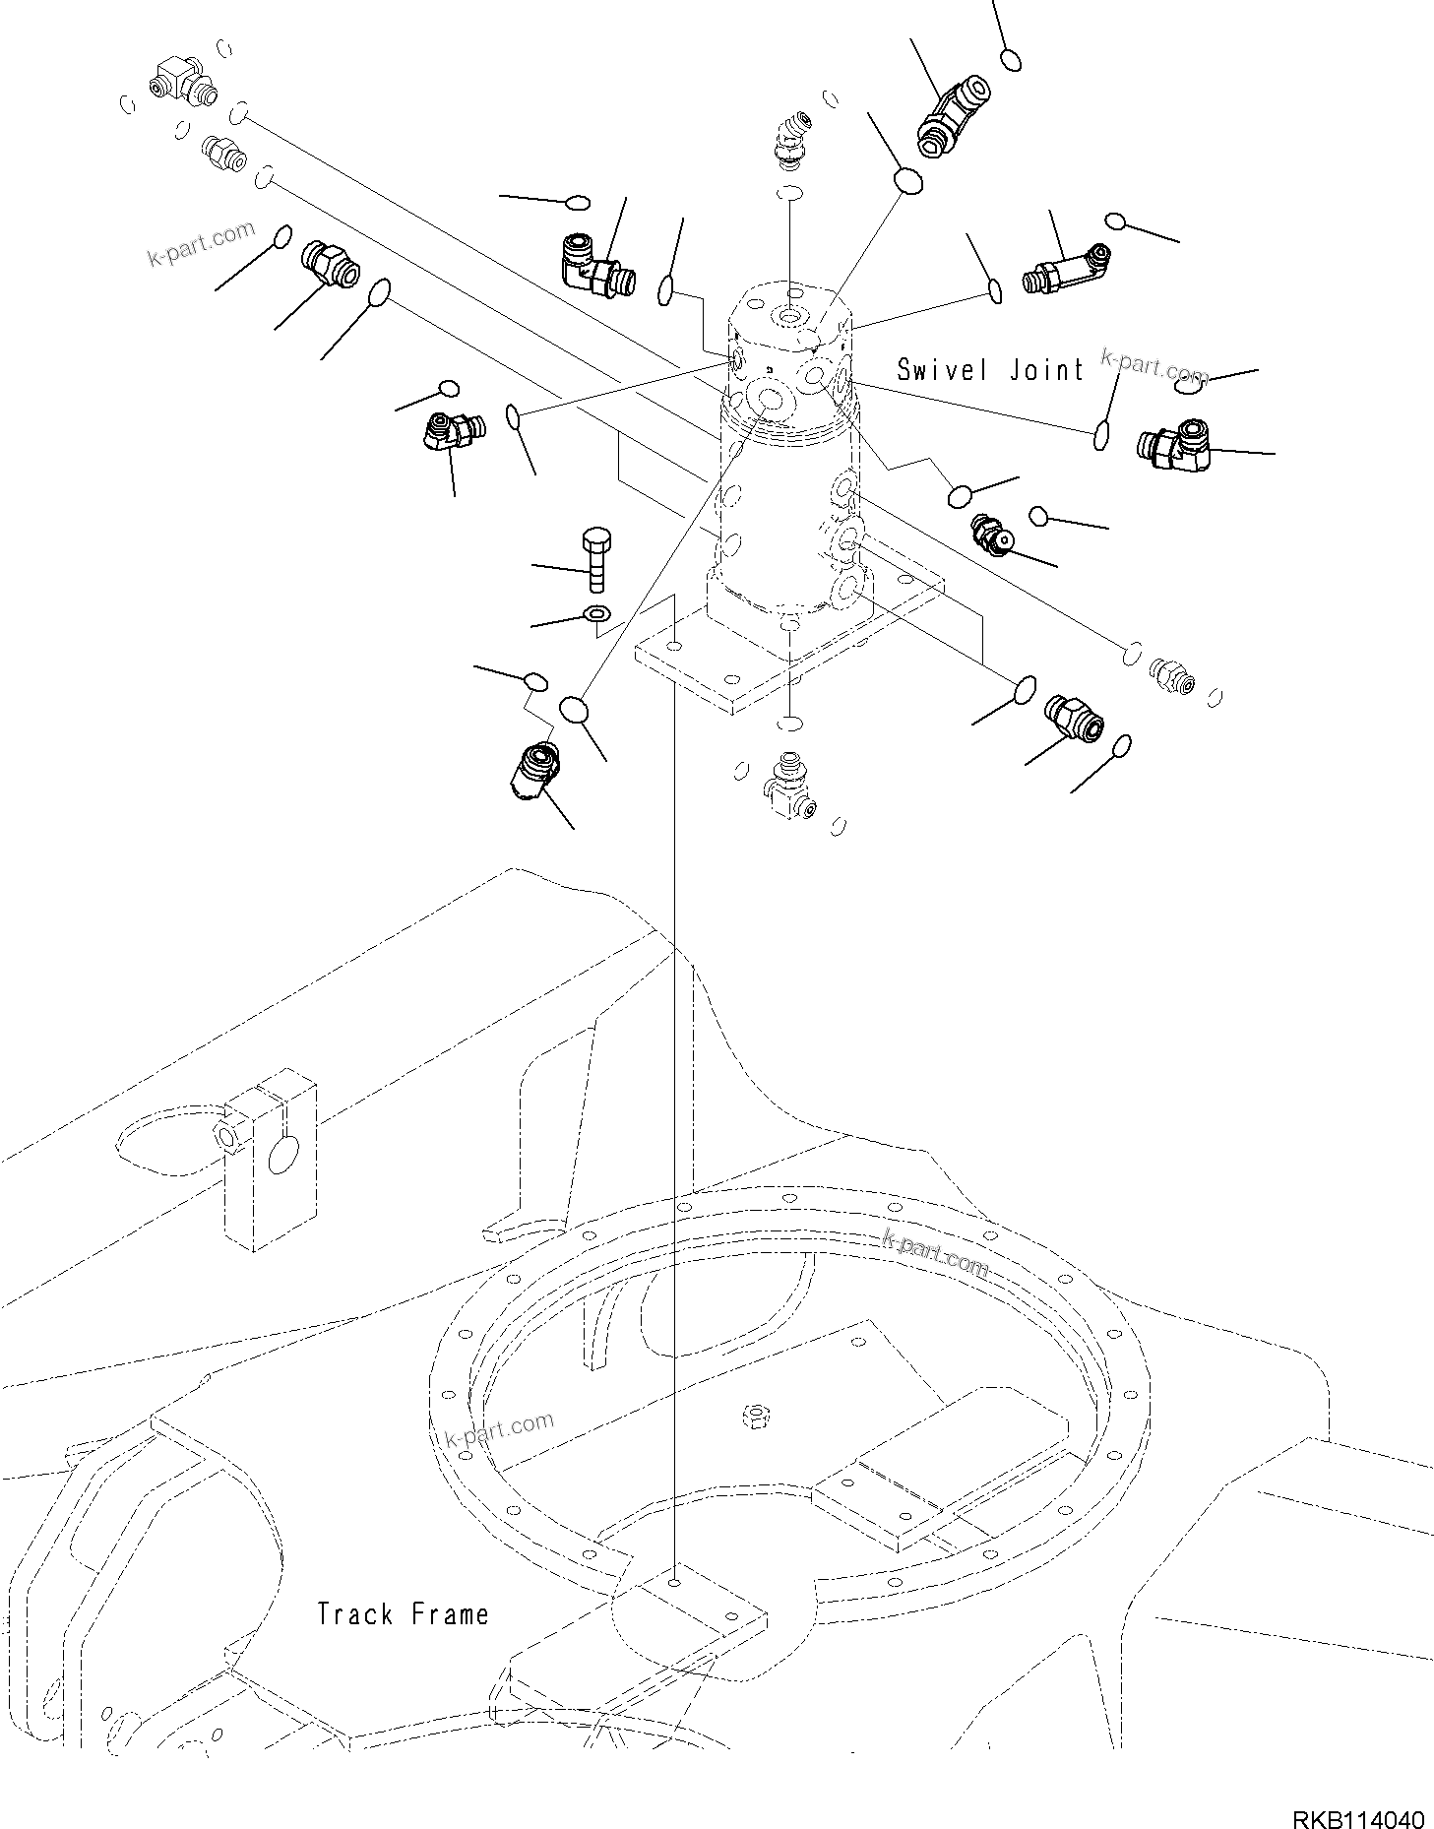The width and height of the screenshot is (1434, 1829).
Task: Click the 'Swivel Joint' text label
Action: pos(990,370)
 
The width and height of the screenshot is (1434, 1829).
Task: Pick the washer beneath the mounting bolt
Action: pos(596,614)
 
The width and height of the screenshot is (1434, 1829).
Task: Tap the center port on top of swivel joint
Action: pos(790,316)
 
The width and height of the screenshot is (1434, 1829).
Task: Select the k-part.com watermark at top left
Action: pos(201,246)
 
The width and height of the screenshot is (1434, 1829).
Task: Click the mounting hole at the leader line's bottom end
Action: pos(673,1583)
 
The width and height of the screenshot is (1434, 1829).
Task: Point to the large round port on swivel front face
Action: pos(764,400)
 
